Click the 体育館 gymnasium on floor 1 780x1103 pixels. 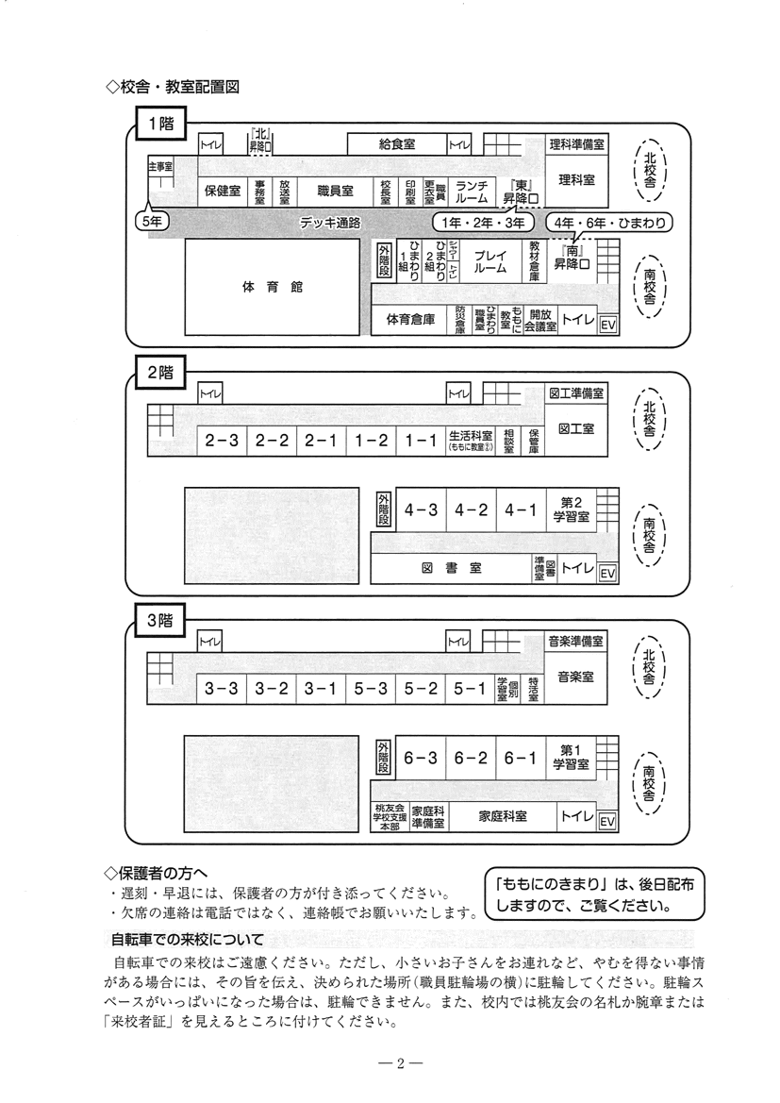click(x=272, y=286)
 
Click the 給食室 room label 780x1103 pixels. click(x=397, y=144)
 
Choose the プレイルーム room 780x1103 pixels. click(x=490, y=260)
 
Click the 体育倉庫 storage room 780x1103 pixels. click(x=410, y=320)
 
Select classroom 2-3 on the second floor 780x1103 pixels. click(x=222, y=441)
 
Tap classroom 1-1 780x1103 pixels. click(x=421, y=441)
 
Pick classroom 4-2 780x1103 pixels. click(x=471, y=510)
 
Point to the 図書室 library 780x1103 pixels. click(x=451, y=568)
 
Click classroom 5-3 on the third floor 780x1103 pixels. click(x=371, y=689)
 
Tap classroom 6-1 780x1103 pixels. click(x=520, y=758)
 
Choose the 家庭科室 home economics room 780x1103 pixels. click(x=502, y=816)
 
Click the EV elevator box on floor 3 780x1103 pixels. click(x=607, y=822)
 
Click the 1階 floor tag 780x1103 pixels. click(x=160, y=122)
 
